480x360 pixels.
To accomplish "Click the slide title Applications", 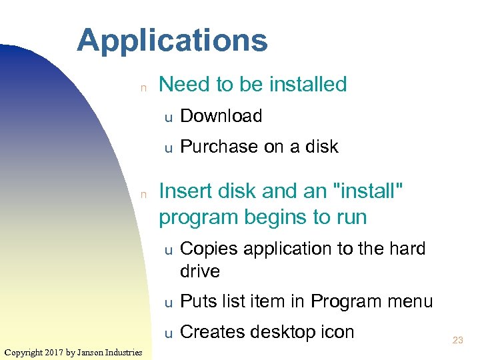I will tap(172, 41).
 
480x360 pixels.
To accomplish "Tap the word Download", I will tap(221, 116).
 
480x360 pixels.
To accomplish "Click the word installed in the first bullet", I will tap(307, 85).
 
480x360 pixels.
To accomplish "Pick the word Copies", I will tap(209, 249).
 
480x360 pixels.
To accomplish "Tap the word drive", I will tap(199, 271).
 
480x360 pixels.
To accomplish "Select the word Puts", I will tap(198, 301).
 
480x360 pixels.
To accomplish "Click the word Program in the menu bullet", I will tap(345, 301).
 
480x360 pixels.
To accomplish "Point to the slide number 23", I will tap(457, 340).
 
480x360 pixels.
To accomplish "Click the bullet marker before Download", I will tap(169, 117).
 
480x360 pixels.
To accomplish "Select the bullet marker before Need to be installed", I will tap(142, 86).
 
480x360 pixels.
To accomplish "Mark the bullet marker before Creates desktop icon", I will tap(169, 333).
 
